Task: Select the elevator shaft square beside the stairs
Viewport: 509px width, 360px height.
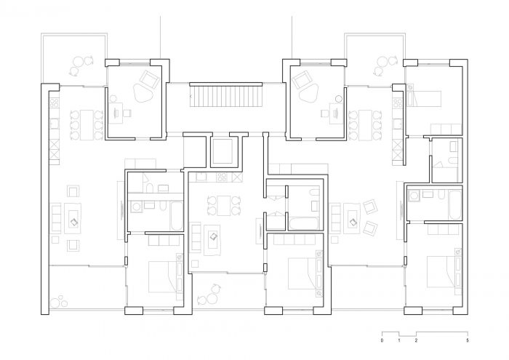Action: [223, 151]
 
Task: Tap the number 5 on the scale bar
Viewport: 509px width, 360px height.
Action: [468, 340]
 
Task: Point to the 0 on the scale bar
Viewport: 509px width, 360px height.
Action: [382, 340]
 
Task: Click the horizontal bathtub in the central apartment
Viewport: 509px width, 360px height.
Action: [303, 223]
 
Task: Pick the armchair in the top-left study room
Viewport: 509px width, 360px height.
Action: [150, 79]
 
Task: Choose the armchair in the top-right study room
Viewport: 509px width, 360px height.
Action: [302, 79]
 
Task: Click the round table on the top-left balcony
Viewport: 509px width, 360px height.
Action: [79, 62]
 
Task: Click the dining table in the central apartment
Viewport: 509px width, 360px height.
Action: [224, 206]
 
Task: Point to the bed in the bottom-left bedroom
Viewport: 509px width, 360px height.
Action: [162, 276]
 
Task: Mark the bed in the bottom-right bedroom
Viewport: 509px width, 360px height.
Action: [441, 272]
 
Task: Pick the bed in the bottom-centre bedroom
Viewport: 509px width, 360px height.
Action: [302, 273]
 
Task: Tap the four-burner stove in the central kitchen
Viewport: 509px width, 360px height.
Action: [223, 177]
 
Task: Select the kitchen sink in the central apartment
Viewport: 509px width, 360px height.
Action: [202, 177]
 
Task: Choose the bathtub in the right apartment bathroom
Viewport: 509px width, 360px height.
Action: [454, 205]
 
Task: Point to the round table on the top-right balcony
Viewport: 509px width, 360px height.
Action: [382, 62]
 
